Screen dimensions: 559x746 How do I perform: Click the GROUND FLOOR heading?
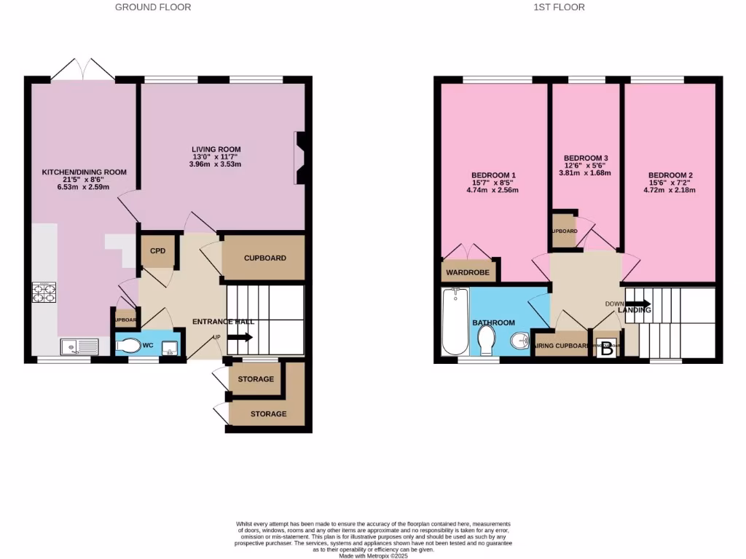(x=153, y=7)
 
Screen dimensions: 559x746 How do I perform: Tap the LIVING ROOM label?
(x=216, y=149)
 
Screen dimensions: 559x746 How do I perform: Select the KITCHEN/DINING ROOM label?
(x=84, y=173)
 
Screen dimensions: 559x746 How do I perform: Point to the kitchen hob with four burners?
(x=44, y=292)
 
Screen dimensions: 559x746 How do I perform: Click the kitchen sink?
(x=80, y=346)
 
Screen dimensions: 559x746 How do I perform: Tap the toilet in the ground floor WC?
(x=131, y=346)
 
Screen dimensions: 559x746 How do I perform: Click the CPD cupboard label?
(x=158, y=251)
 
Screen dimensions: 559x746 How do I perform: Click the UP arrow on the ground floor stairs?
(x=240, y=337)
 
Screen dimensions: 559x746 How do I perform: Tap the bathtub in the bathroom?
(x=455, y=320)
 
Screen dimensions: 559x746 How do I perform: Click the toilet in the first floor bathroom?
(x=487, y=338)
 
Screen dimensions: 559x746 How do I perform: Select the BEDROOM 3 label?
(x=586, y=158)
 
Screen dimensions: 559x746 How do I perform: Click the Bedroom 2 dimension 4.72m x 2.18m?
(x=670, y=191)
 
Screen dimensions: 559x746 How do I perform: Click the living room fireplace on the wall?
(x=299, y=158)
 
